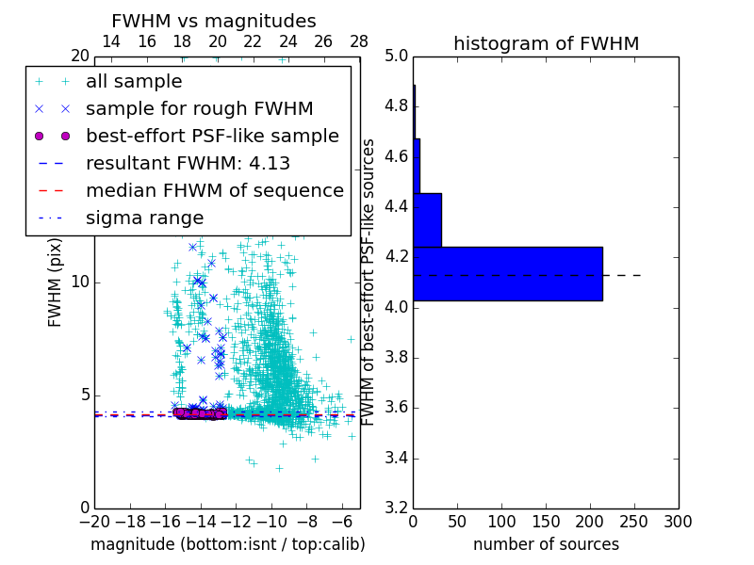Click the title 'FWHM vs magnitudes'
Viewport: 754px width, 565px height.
click(x=214, y=21)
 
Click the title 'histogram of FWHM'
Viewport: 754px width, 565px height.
click(x=546, y=43)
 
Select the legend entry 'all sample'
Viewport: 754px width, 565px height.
click(x=134, y=82)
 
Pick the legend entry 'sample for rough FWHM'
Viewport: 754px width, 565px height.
click(x=200, y=108)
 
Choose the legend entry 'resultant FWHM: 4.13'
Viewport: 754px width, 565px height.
click(x=188, y=163)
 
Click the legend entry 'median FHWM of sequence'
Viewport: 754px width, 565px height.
click(x=215, y=190)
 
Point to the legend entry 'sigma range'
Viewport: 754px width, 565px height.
click(x=144, y=218)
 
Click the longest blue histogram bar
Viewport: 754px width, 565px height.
click(x=507, y=274)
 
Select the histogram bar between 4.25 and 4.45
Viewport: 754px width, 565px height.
click(x=427, y=219)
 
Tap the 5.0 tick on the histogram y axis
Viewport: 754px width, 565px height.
click(x=396, y=56)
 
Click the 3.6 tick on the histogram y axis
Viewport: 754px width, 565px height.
click(x=396, y=408)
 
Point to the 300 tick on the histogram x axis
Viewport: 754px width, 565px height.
click(x=678, y=522)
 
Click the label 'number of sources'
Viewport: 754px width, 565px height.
click(x=546, y=544)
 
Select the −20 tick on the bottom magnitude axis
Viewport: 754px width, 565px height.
click(x=94, y=522)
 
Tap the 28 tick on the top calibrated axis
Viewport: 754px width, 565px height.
click(x=359, y=42)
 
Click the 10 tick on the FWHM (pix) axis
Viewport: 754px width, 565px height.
click(x=80, y=282)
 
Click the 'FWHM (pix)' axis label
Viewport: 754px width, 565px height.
click(x=56, y=282)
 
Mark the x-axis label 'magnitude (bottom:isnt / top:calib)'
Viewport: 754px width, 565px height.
click(x=227, y=544)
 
